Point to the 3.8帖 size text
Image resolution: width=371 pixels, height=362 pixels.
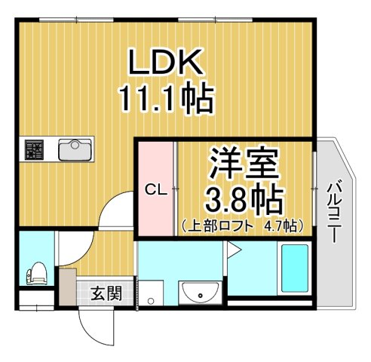[245, 200]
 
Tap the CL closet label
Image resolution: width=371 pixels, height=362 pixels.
[155, 191]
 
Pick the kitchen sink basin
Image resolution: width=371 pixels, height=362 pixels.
[75, 150]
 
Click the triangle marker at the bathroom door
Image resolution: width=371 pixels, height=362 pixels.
[233, 250]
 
